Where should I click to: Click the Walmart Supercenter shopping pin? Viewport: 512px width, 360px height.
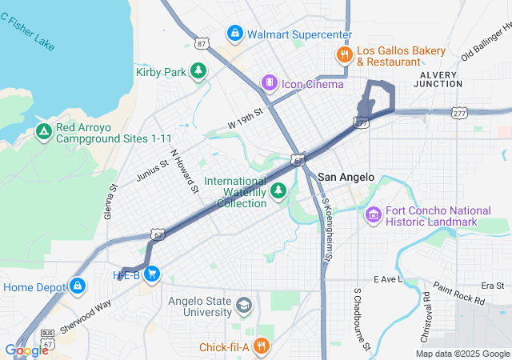coord(234,34)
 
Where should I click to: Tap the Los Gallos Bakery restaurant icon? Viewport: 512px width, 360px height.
coord(343,54)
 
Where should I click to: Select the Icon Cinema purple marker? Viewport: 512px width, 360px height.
coord(270,82)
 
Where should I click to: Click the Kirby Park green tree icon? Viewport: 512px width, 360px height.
coord(198,71)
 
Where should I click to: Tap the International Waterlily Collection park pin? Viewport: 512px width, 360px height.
coord(278,190)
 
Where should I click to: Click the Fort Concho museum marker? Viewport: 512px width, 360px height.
coord(373,214)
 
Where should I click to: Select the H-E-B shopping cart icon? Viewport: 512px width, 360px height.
coord(152,274)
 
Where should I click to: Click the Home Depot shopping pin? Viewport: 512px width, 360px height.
coord(77,286)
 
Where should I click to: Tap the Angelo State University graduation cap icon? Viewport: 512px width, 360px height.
coord(243,306)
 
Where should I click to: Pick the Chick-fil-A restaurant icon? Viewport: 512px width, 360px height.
coord(260,346)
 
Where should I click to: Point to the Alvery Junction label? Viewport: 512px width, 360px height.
coord(438,80)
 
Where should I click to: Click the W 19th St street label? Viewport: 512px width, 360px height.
coord(245,120)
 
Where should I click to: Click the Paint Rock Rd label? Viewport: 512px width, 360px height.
coord(459,294)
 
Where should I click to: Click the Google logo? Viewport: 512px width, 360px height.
coord(26,350)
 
